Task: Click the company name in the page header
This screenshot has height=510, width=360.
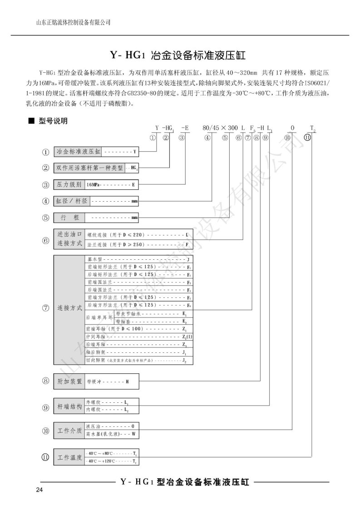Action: (73, 22)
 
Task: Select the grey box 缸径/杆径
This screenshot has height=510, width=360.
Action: (71, 201)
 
